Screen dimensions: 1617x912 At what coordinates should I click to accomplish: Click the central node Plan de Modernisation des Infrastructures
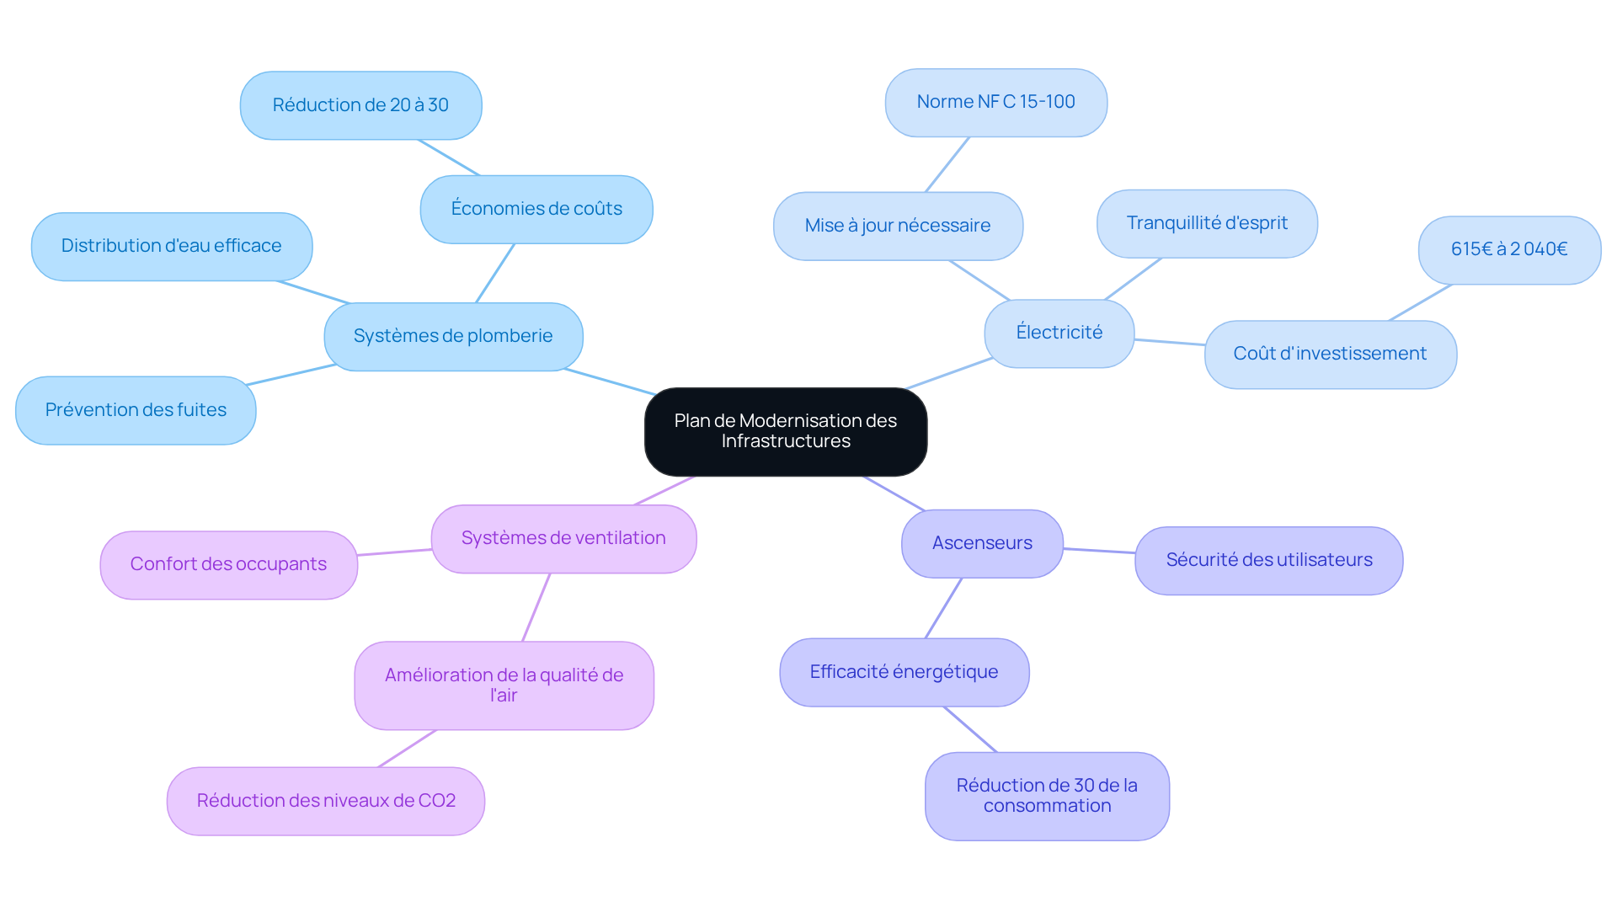pos(786,431)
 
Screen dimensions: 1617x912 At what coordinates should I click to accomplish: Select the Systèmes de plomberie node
pos(453,336)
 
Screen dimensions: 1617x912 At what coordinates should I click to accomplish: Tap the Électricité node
pos(1059,333)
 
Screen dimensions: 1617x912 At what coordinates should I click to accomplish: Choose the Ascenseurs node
pos(982,543)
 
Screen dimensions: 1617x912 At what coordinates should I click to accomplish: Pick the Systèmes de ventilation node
pos(563,538)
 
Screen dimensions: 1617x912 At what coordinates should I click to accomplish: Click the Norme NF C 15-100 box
pos(995,102)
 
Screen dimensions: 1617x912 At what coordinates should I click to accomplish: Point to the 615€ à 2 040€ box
pos(1509,249)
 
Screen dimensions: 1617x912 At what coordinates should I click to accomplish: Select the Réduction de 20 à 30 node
pos(360,105)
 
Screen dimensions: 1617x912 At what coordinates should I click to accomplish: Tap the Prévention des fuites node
pos(136,410)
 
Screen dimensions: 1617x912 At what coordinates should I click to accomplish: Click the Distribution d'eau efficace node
pos(172,246)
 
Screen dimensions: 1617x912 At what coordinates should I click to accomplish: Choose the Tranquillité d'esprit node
pos(1207,223)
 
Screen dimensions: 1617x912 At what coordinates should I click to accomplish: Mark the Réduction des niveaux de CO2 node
pos(326,801)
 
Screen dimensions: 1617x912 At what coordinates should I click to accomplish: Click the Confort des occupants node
pos(228,564)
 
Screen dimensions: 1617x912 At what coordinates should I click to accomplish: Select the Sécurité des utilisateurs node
pos(1268,560)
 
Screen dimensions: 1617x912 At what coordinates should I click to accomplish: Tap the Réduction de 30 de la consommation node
pos(1047,796)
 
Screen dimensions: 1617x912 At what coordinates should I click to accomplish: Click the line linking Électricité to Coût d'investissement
pos(1170,342)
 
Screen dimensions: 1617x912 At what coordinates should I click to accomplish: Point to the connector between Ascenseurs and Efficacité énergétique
pos(943,608)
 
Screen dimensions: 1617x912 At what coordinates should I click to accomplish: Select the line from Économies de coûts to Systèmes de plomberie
pos(495,273)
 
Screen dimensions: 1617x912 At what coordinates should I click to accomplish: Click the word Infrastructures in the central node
pos(786,441)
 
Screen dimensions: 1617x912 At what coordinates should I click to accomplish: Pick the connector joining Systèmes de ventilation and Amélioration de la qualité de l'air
pos(536,607)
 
